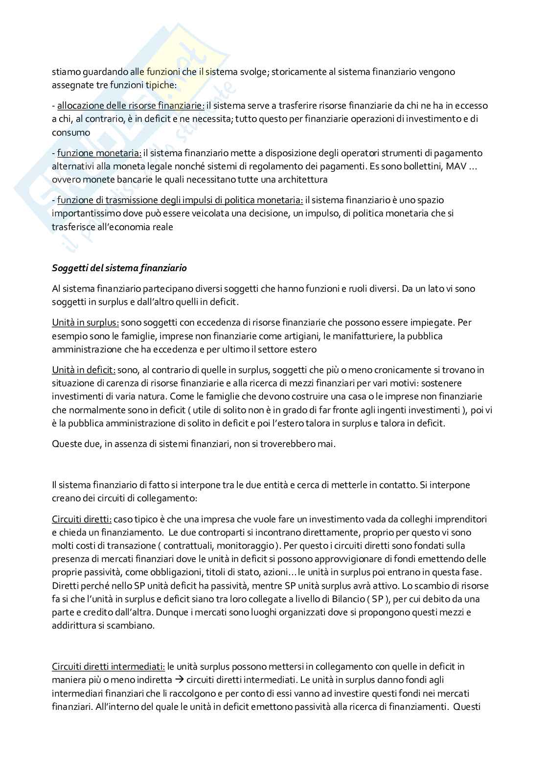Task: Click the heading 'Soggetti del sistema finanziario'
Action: click(119, 268)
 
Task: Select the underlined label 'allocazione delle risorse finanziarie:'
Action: click(131, 105)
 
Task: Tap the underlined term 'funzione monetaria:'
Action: click(99, 153)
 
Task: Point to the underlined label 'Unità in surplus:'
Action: click(85, 323)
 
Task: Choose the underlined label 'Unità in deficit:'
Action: click(84, 370)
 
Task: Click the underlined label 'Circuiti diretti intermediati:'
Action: click(108, 666)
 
